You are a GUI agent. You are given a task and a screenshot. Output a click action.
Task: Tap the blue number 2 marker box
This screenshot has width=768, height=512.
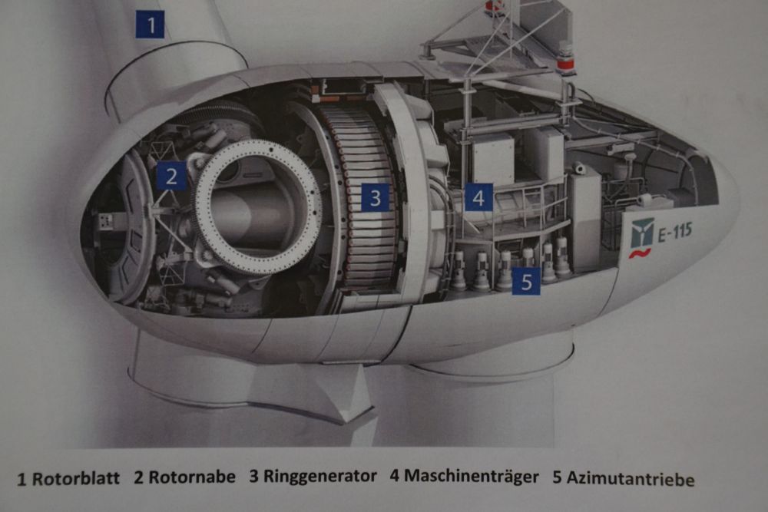(x=171, y=177)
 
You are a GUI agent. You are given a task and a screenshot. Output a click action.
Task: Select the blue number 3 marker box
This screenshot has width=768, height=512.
(x=376, y=198)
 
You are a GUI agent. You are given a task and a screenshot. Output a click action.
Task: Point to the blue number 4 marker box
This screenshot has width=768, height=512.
(x=478, y=197)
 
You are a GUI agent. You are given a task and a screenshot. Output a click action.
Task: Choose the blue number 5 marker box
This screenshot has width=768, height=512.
(x=526, y=282)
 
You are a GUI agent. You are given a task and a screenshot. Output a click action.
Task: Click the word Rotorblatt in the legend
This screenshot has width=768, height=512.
(x=75, y=478)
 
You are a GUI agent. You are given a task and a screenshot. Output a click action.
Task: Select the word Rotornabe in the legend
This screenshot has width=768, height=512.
(x=192, y=477)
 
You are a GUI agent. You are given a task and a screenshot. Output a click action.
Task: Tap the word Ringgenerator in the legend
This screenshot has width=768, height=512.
(x=320, y=476)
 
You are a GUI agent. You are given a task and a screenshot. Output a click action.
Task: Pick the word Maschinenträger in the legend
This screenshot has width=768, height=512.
(x=472, y=476)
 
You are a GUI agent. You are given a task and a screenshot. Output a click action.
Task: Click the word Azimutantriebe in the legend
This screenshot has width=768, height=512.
(x=631, y=478)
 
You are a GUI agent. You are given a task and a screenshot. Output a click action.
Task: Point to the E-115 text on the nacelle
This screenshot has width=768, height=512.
(x=675, y=232)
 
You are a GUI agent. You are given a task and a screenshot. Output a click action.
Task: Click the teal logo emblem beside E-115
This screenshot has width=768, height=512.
(x=642, y=233)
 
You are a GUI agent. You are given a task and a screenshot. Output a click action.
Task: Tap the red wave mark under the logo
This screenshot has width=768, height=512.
(x=641, y=253)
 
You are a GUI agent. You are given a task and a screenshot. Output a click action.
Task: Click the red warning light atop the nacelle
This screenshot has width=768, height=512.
(x=566, y=63)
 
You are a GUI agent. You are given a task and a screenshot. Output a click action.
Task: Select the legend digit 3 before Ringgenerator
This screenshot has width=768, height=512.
(x=253, y=476)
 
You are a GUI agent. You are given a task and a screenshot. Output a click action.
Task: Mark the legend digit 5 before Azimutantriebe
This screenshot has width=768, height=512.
(x=557, y=477)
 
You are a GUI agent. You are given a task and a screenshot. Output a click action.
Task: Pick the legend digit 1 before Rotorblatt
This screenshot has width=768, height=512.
(x=22, y=479)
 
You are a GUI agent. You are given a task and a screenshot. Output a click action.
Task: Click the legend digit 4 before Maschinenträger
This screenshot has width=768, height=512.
(x=395, y=476)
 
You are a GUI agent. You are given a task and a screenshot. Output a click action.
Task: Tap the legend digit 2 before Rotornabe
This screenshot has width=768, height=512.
(x=138, y=477)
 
